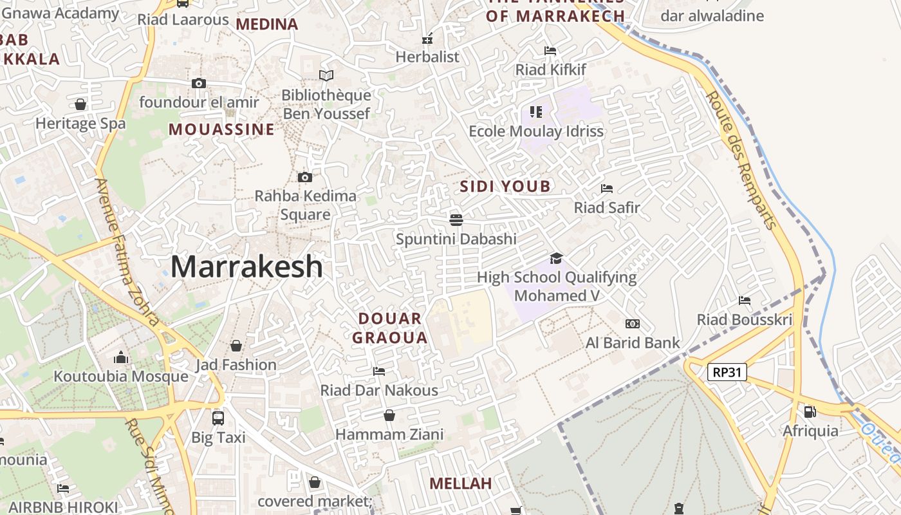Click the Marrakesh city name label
coord(246,267)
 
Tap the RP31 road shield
coord(727,372)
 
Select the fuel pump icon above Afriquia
coord(810,411)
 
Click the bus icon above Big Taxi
coord(218,418)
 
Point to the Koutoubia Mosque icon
coord(121,357)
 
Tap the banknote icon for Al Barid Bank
coord(633,324)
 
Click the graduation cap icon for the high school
coord(556,258)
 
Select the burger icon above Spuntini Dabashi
coord(456,220)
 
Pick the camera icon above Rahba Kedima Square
coord(305,177)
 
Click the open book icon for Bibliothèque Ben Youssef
coord(326,76)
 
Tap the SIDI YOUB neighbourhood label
coord(506,187)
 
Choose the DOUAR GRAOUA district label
coord(390,328)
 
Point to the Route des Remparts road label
coord(741,160)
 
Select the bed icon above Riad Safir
coord(606,189)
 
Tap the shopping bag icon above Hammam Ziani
coord(389,415)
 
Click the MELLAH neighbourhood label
coord(460,483)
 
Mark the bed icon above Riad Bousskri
coord(745,300)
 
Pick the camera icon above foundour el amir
coord(199,83)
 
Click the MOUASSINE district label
coord(221,129)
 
